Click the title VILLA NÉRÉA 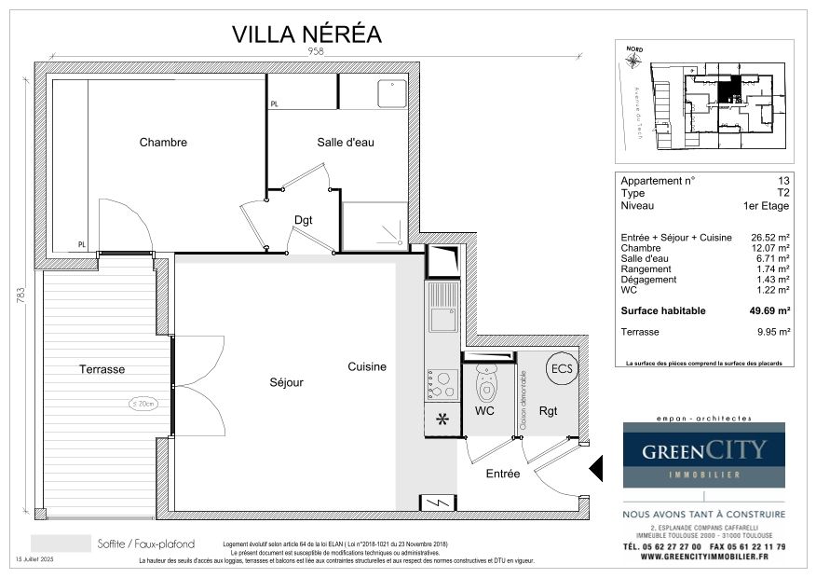[x=306, y=34]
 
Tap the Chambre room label [x=163, y=143]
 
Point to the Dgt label [x=304, y=220]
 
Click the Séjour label [x=286, y=382]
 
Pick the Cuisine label [x=367, y=367]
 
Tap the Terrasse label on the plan [x=102, y=369]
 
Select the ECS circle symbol [x=561, y=367]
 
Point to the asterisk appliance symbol [x=442, y=420]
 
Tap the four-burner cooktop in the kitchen [x=442, y=384]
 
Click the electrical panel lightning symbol [x=438, y=502]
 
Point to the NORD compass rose [x=634, y=61]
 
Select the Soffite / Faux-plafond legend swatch [x=61, y=544]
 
